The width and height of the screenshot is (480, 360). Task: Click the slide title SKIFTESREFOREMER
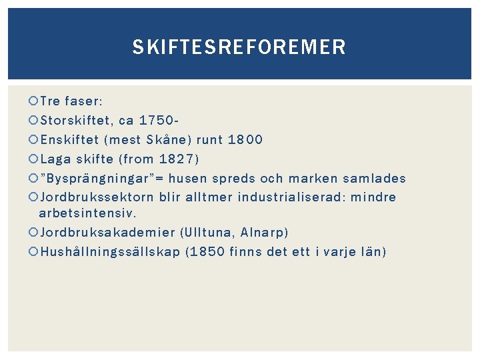tap(239, 47)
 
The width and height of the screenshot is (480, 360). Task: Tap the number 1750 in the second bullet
tap(159, 121)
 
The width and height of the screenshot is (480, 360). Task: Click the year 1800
tap(245, 140)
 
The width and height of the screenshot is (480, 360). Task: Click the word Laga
tap(55, 159)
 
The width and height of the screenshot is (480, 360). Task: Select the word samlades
tap(375, 178)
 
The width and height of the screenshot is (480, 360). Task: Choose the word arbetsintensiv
tap(87, 214)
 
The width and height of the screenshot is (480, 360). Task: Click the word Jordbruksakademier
tap(107, 233)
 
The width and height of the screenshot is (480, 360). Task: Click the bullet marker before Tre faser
tap(34, 102)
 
